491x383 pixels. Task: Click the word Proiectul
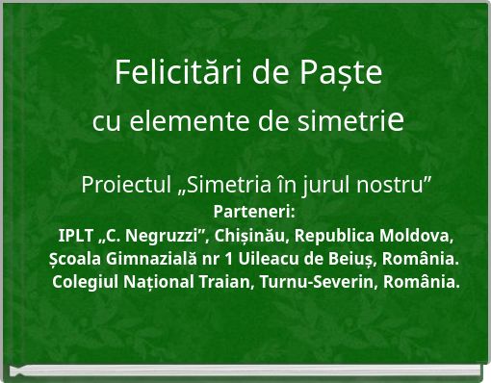pos(126,183)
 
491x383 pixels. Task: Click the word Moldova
pos(417,236)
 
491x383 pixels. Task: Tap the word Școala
pos(75,260)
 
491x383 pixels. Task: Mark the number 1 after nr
pos(225,260)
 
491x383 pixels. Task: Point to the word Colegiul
pos(86,283)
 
